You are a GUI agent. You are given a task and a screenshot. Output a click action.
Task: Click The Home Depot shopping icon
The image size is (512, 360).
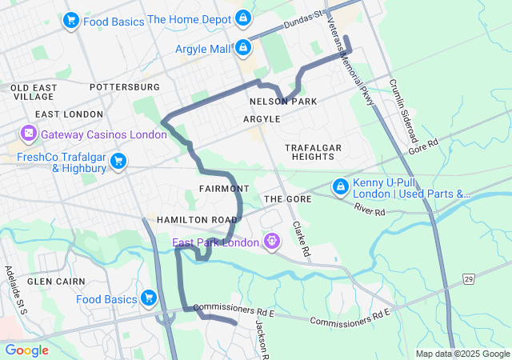coord(244,18)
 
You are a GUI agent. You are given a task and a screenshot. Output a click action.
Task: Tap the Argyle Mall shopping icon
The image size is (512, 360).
coord(242,49)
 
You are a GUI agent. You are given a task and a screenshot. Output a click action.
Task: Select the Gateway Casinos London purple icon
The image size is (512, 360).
coord(29,132)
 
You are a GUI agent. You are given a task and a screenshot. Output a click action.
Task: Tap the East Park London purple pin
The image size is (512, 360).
coord(272,241)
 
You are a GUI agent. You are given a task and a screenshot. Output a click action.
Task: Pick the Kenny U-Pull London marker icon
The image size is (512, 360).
coord(340,186)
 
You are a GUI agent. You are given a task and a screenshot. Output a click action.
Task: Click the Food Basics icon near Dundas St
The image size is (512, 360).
coord(70,21)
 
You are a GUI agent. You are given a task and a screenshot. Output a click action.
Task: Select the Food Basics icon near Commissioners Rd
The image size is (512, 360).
coord(148,298)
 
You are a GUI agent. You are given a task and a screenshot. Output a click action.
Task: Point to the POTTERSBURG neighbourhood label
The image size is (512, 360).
coord(125,86)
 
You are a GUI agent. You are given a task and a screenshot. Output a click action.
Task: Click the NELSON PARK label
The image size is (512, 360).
coord(283,102)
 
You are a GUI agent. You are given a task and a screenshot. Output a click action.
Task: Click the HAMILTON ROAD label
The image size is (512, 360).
coord(197,219)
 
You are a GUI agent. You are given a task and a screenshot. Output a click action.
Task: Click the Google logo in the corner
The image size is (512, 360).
coord(26,350)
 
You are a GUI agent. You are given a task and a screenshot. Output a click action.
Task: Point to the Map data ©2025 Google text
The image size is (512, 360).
coord(462,354)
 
